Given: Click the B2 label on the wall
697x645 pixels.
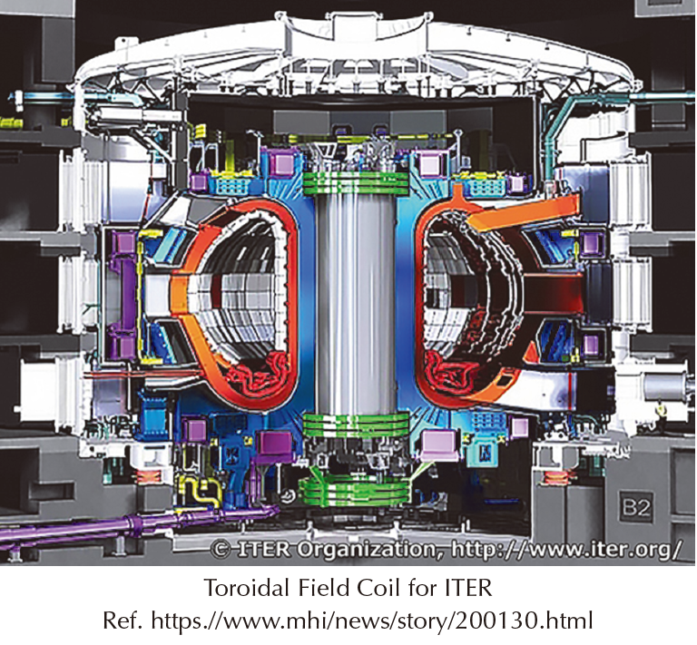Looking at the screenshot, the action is click(x=636, y=507).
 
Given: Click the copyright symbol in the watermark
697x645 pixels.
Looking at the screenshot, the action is click(x=221, y=550).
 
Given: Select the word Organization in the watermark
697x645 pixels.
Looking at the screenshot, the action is click(x=367, y=551).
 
